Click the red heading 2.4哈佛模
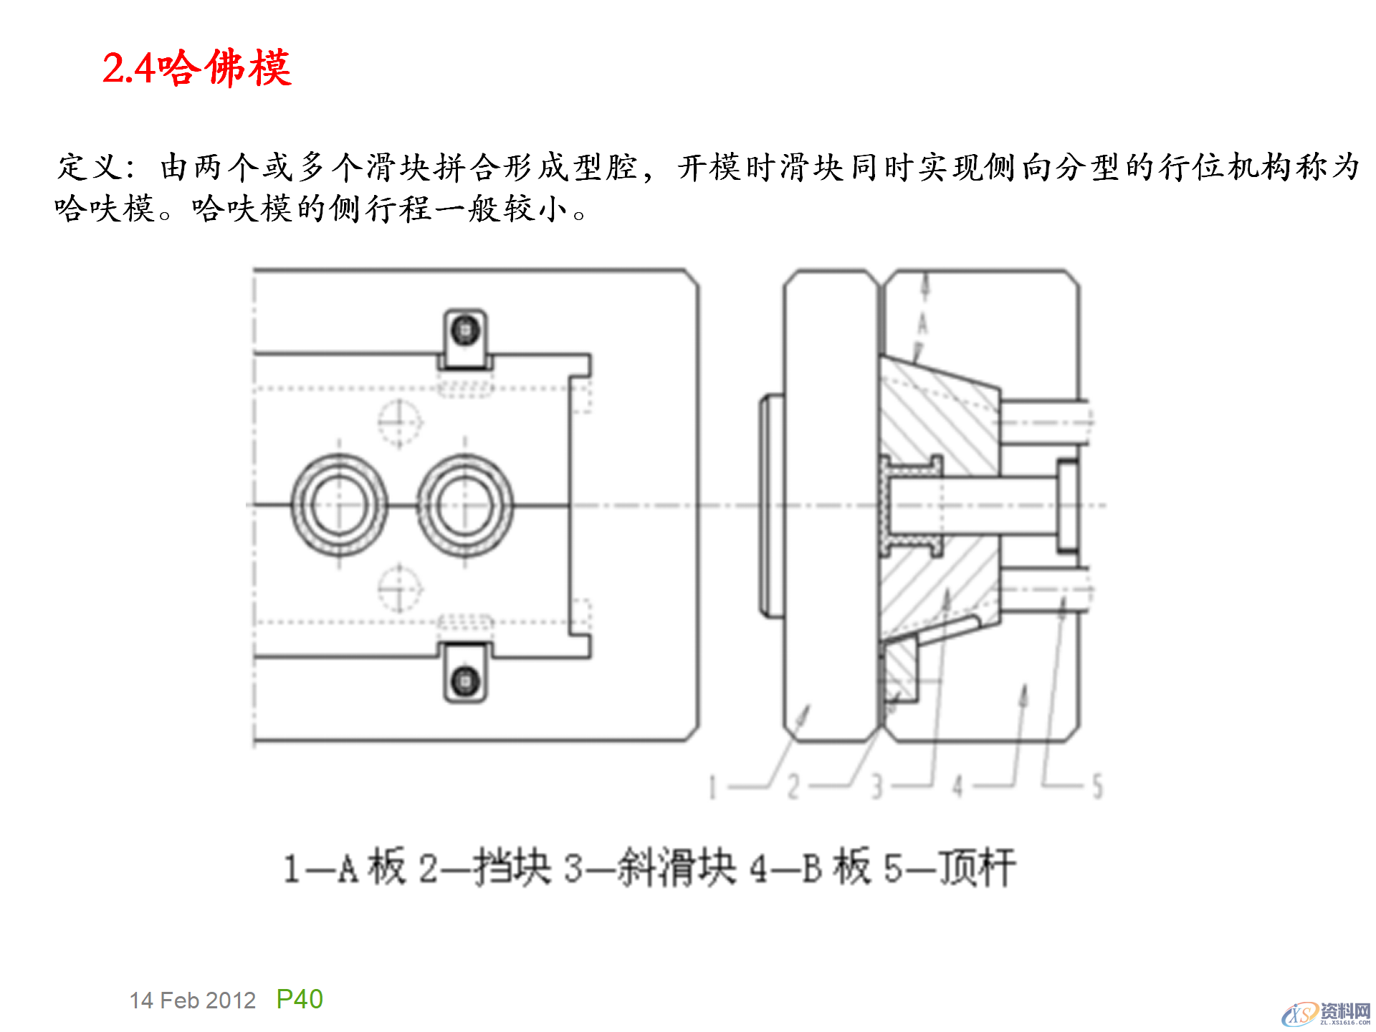tap(196, 69)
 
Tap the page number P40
tap(300, 999)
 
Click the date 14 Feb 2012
tap(192, 1000)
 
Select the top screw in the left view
tap(465, 330)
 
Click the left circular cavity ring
tap(339, 505)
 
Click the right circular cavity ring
tap(465, 505)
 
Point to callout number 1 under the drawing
tap(712, 787)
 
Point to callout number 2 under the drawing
tap(793, 787)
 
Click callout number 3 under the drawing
tap(876, 787)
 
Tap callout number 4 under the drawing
tap(957, 787)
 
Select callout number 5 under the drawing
tap(1097, 787)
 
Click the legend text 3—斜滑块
tap(649, 868)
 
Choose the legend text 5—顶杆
tap(950, 868)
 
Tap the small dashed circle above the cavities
tap(399, 422)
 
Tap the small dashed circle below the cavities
tap(399, 588)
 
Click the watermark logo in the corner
tap(1326, 1013)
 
